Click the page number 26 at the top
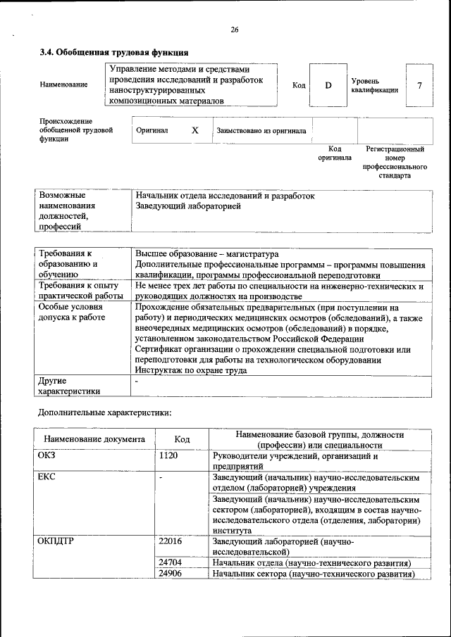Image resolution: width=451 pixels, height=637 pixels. pyautogui.click(x=235, y=30)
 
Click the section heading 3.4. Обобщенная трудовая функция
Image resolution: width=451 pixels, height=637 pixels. pyautogui.click(x=113, y=52)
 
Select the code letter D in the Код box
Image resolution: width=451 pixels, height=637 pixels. pyautogui.click(x=328, y=85)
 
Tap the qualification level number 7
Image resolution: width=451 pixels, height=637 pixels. pyautogui.click(x=419, y=85)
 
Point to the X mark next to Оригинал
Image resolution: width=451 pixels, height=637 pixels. pyautogui.click(x=195, y=130)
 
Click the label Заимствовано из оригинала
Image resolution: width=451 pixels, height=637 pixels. pyautogui.click(x=261, y=130)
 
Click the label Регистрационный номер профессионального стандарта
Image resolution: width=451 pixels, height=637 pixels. pyautogui.click(x=394, y=163)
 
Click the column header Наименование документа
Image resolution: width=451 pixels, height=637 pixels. pyautogui.click(x=94, y=439)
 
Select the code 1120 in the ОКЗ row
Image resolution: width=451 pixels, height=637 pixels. pyautogui.click(x=168, y=456)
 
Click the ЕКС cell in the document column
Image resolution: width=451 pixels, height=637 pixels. pyautogui.click(x=47, y=477)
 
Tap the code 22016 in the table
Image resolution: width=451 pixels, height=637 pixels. pyautogui.click(x=171, y=541)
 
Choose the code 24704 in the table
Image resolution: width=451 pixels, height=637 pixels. pyautogui.click(x=171, y=562)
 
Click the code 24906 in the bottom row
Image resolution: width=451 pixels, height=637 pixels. pyautogui.click(x=171, y=574)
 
